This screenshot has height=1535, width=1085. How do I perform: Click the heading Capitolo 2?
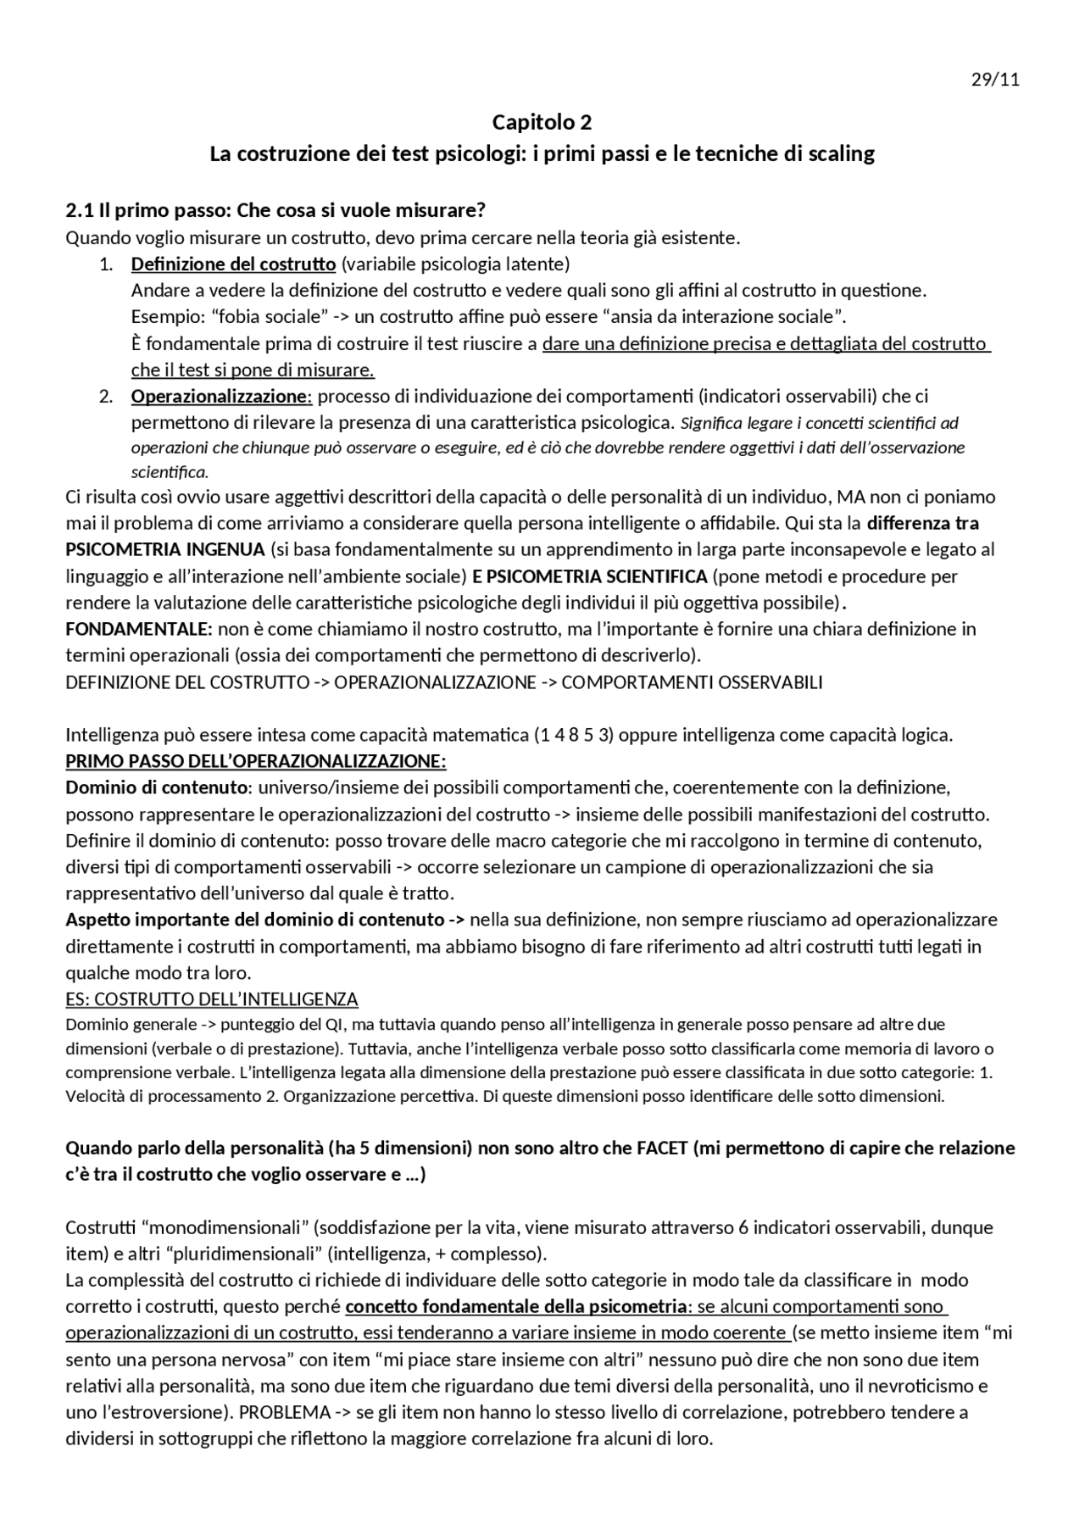[542, 123]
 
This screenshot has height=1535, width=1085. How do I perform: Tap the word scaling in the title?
[841, 154]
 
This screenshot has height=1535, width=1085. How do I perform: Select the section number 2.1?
[79, 210]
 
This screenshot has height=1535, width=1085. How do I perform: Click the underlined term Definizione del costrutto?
[233, 264]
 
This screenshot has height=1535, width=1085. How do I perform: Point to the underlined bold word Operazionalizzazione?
[221, 396]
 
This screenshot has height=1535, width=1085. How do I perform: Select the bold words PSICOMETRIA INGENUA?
[165, 549]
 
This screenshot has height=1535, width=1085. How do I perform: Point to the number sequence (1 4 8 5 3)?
[573, 735]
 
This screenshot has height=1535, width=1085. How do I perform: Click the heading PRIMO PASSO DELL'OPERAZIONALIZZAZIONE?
[256, 761]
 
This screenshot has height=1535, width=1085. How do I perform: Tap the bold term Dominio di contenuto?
[156, 787]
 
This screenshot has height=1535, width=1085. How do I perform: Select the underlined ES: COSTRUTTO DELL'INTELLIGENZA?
[212, 998]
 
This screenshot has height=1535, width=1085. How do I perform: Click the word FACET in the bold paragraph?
[659, 1148]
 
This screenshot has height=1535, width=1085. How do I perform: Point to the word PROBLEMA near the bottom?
[285, 1412]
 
